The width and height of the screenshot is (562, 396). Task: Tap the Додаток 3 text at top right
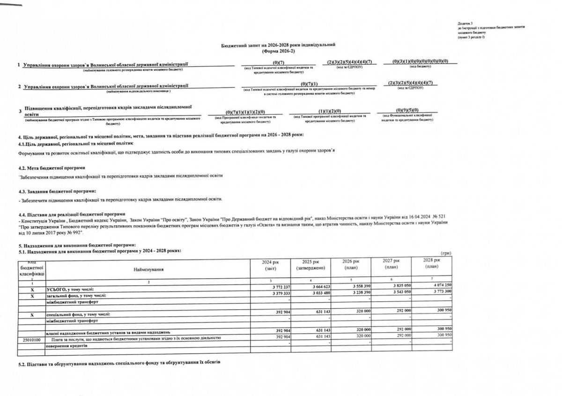(466, 23)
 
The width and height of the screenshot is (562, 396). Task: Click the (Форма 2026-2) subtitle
(278, 50)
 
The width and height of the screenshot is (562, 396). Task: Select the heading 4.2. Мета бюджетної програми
(52, 168)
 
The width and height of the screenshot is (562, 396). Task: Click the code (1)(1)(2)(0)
(328, 111)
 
